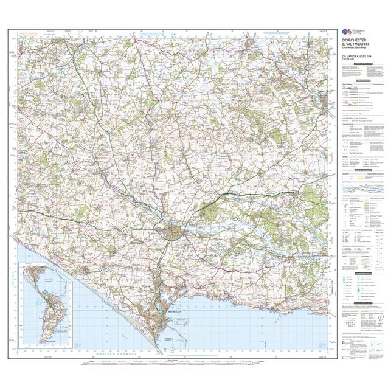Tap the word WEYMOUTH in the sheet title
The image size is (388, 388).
tap(355, 44)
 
